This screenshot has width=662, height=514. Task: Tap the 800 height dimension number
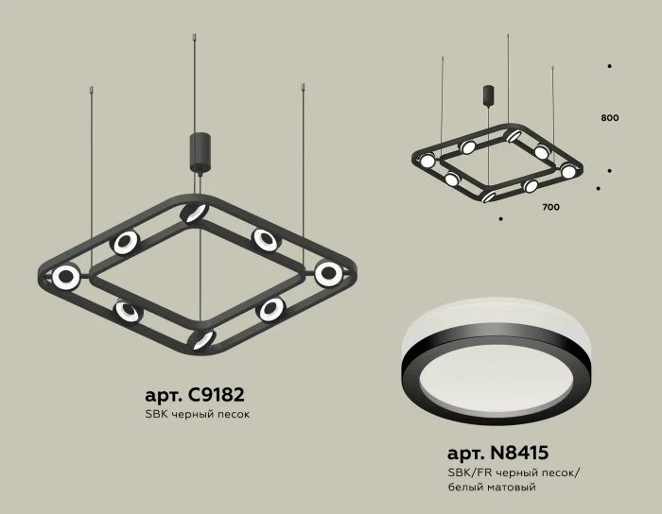pyautogui.click(x=609, y=118)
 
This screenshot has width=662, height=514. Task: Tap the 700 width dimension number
pyautogui.click(x=551, y=206)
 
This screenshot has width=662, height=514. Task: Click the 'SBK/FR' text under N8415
pyautogui.click(x=464, y=471)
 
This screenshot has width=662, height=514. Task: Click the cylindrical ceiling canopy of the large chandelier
pyautogui.click(x=200, y=152)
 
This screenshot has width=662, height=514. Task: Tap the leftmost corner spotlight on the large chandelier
pyautogui.click(x=66, y=277)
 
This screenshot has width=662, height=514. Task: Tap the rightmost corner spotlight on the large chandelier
pyautogui.click(x=328, y=273)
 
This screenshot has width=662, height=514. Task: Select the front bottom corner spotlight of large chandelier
pyautogui.click(x=200, y=339)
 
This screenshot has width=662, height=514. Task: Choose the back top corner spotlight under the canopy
pyautogui.click(x=195, y=212)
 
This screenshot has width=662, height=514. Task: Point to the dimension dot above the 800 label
pyautogui.click(x=609, y=66)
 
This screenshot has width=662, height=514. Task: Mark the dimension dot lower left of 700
pyautogui.click(x=499, y=218)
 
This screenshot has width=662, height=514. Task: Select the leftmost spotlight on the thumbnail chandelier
pyautogui.click(x=427, y=161)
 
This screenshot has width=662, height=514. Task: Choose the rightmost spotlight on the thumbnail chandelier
pyautogui.click(x=567, y=171)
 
